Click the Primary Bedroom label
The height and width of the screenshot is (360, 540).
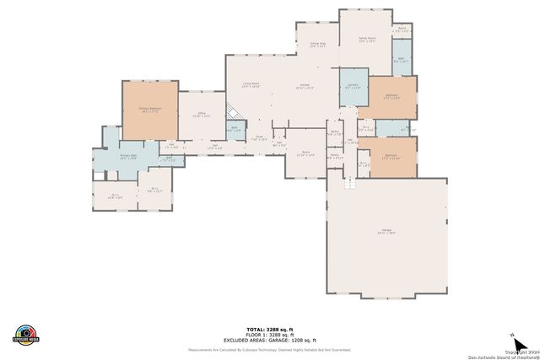(x=149, y=110)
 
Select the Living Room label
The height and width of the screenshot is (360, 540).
(x=251, y=84)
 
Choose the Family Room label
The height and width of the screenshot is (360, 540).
(x=366, y=39)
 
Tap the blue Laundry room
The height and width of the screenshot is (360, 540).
(x=352, y=86)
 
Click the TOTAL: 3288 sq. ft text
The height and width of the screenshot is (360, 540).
(x=270, y=329)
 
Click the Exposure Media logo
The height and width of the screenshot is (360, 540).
(x=26, y=335)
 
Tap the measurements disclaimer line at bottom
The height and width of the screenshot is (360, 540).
(x=270, y=349)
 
